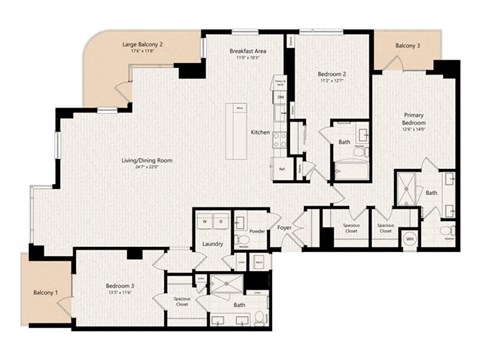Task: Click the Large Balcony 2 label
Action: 142,45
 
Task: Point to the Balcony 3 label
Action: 407,46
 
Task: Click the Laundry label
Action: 212,243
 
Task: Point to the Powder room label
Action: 257,230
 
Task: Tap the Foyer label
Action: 284,228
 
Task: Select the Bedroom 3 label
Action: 119,285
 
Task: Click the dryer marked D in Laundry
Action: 220,221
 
